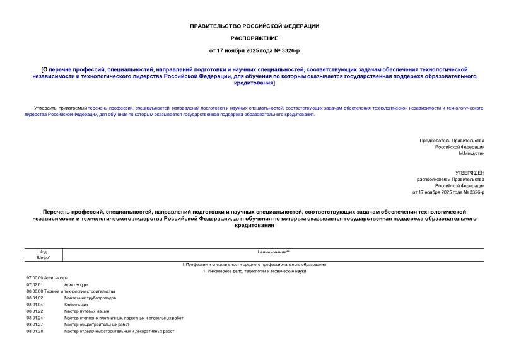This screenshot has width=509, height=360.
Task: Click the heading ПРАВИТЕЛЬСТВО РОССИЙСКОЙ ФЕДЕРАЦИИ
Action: pyautogui.click(x=254, y=26)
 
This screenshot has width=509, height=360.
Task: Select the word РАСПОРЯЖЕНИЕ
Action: pyautogui.click(x=254, y=38)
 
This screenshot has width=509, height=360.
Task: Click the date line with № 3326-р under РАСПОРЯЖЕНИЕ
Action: pyautogui.click(x=254, y=50)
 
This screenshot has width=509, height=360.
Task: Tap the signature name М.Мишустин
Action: pyautogui.click(x=471, y=153)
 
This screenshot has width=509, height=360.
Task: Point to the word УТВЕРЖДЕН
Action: pyautogui.click(x=470, y=172)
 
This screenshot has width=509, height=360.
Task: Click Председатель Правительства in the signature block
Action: pyautogui.click(x=452, y=140)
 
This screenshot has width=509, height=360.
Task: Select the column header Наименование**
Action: pyautogui.click(x=273, y=252)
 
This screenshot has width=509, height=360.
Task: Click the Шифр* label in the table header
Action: pyautogui.click(x=43, y=258)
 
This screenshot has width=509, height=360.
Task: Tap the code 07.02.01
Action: pyautogui.click(x=35, y=284)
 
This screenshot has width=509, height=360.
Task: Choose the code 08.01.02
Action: pyautogui.click(x=35, y=298)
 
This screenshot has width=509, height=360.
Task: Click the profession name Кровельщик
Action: pyautogui.click(x=76, y=305)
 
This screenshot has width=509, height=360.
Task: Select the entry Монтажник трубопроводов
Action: pyautogui.click(x=90, y=298)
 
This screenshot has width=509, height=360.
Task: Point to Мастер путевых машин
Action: pyautogui.click(x=87, y=311)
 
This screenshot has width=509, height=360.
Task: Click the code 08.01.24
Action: pyautogui.click(x=35, y=318)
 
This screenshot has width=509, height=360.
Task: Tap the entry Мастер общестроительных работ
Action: pyautogui.click(x=97, y=324)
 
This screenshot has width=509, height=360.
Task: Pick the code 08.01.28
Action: pyautogui.click(x=35, y=331)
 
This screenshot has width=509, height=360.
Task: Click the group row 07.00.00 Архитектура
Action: pyautogui.click(x=47, y=278)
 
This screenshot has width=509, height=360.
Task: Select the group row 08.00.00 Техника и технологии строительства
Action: pyautogui.click(x=71, y=291)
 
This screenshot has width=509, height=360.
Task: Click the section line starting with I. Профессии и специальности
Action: pyautogui.click(x=254, y=265)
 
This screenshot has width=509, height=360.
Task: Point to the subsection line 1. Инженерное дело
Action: pyautogui.click(x=254, y=271)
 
